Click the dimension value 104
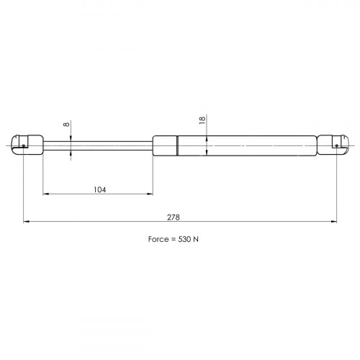pos(99,190)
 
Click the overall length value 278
pos(174,217)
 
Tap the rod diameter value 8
pos(66,125)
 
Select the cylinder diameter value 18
pos(202,120)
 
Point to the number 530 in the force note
pos(185,239)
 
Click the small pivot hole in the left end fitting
pos(24,145)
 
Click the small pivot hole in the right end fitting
pos(337,145)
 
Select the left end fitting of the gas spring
pos(27,145)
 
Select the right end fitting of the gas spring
pos(333,145)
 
